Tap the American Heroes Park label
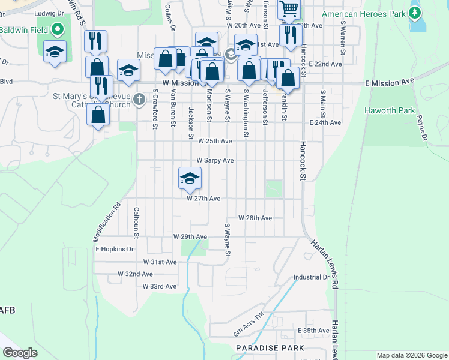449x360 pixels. (x=364, y=14)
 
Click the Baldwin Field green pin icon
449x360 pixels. (x=58, y=29)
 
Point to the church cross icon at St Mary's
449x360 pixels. (x=139, y=98)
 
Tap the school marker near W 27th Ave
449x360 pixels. (x=190, y=178)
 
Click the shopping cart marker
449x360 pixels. (x=289, y=10)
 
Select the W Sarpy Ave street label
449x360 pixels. (x=215, y=161)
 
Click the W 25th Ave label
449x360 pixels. (x=215, y=142)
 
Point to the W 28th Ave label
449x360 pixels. (x=255, y=218)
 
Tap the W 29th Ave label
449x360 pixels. (x=190, y=237)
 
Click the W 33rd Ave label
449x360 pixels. (x=160, y=286)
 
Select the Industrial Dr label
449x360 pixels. (x=311, y=277)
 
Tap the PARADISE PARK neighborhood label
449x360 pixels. (x=270, y=348)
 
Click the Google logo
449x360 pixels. (x=20, y=353)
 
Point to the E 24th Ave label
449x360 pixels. (x=325, y=122)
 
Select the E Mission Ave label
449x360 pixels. (x=390, y=80)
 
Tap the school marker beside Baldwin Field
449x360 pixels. (x=55, y=52)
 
